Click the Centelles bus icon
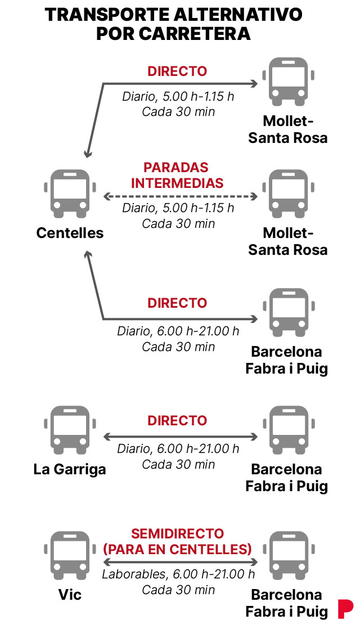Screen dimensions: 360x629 coord(70,194)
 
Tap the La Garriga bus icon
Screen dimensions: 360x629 coord(70,430)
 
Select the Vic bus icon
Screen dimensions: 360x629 coord(70,556)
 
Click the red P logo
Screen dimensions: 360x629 coord(345,609)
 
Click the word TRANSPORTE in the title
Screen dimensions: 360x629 coord(107,15)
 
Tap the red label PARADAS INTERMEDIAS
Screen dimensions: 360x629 coord(177,175)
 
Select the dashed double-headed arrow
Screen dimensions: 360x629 coord(181,196)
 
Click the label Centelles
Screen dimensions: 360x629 coord(70,233)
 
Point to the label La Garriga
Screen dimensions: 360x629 coord(70,469)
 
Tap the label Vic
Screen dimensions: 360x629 coord(70,594)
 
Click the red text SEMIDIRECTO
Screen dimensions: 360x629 coord(177,533)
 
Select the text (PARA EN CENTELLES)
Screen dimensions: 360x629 coord(177,549)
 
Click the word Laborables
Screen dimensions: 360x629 coord(134,574)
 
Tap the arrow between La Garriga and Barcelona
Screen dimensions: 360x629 coord(181,437)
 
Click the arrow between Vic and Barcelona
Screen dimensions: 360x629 coord(181,561)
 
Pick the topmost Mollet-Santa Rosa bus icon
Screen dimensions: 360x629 coord(288,82)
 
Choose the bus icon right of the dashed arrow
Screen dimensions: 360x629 coord(288,194)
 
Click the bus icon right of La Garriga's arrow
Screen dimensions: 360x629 coord(288,430)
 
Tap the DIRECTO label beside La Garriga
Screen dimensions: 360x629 coord(177,420)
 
